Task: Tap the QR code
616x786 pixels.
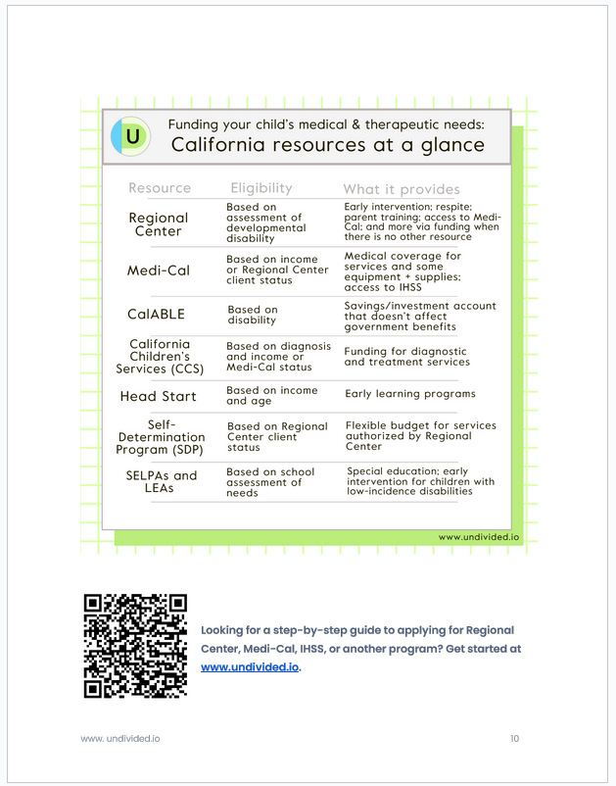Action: (x=135, y=645)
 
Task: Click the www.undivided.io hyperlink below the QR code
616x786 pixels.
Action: (x=250, y=666)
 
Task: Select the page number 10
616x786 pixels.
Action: (x=514, y=738)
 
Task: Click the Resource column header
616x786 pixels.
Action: (x=160, y=188)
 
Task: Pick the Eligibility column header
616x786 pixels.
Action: (x=261, y=188)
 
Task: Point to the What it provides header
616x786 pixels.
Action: (x=401, y=189)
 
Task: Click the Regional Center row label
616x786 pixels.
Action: (x=159, y=224)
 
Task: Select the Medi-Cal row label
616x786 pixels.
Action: (x=159, y=270)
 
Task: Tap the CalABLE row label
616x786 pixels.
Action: (x=159, y=315)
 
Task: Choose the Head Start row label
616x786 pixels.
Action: (x=158, y=397)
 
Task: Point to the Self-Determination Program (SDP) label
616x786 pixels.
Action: (x=161, y=437)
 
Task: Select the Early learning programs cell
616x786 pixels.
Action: (x=410, y=394)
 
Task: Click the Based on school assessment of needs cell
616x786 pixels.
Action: (x=270, y=482)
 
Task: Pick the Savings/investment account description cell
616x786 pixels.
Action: (x=419, y=317)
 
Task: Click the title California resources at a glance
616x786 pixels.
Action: (x=327, y=145)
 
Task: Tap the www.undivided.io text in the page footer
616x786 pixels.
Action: (x=119, y=738)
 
